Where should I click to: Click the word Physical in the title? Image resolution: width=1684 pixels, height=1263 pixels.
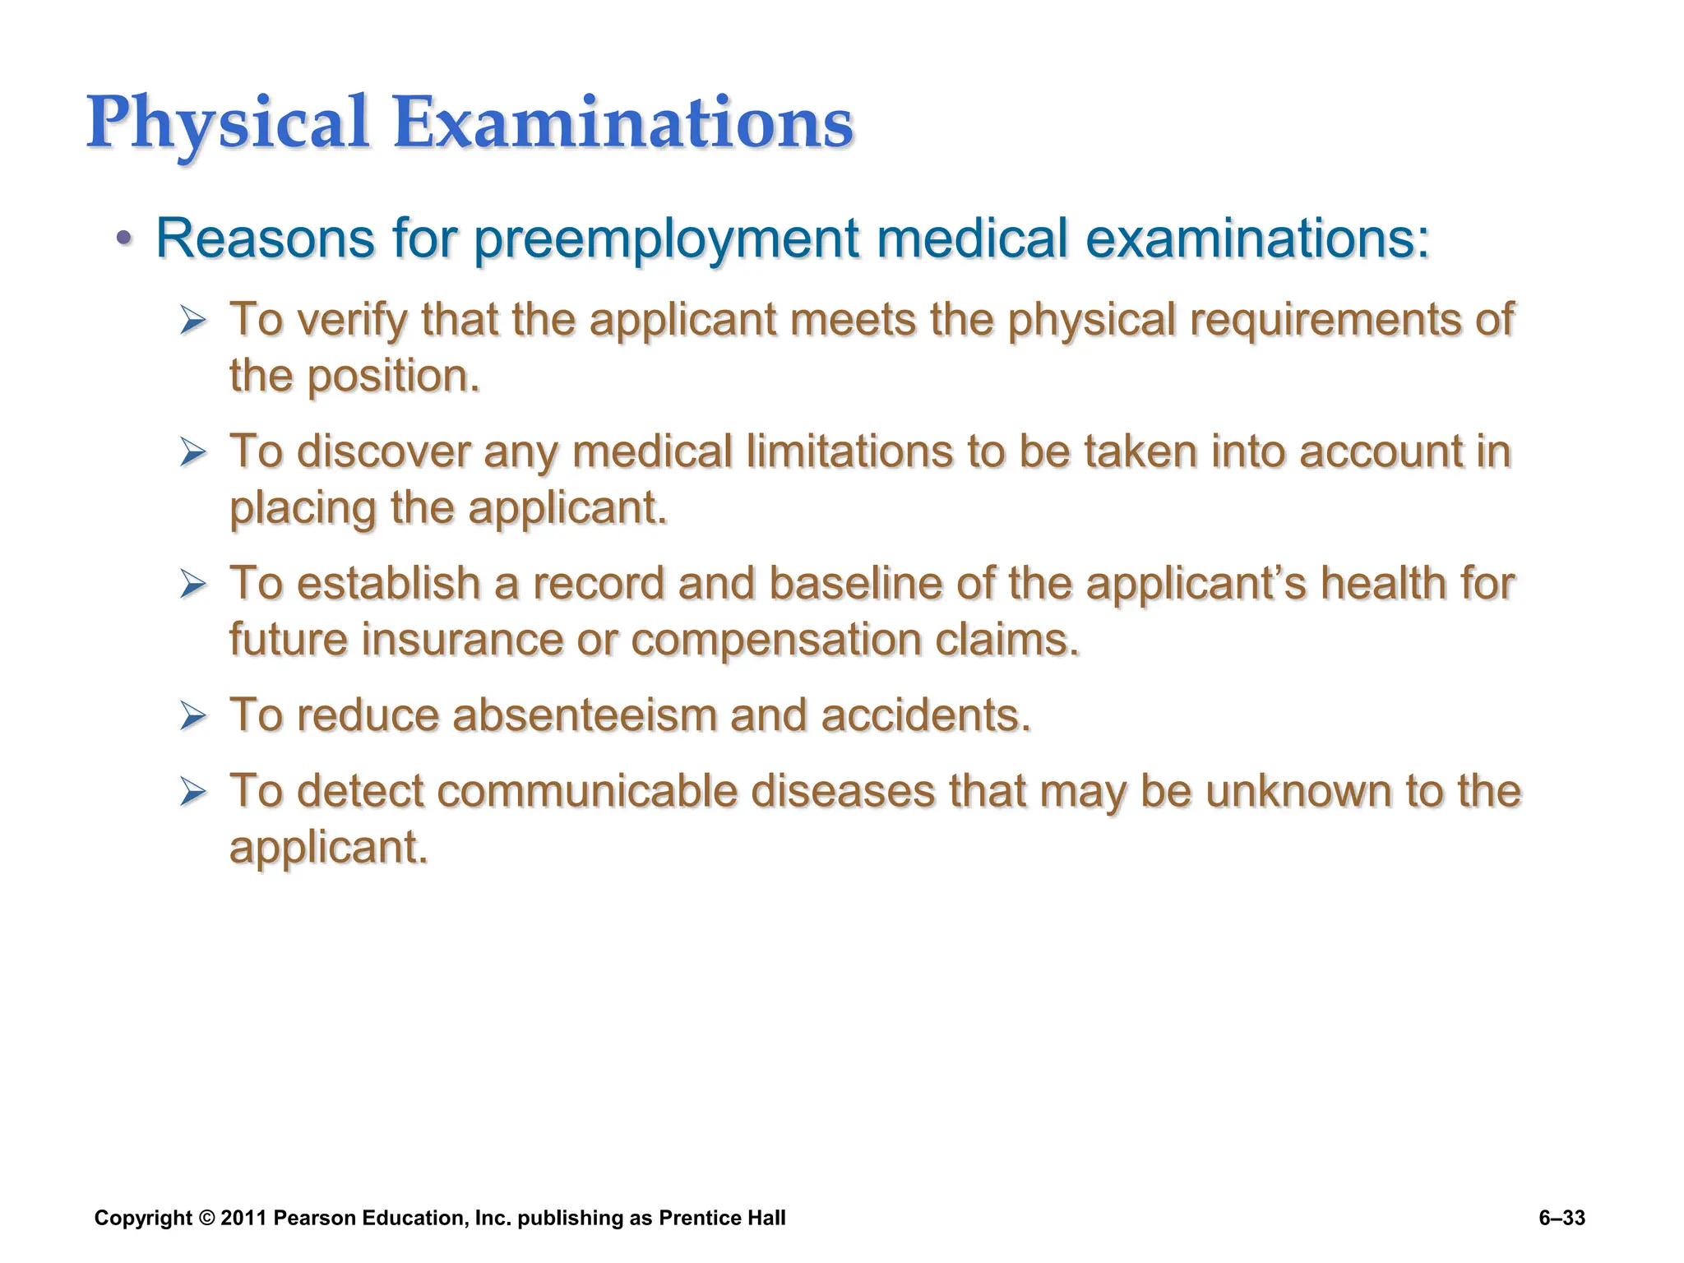click(x=227, y=123)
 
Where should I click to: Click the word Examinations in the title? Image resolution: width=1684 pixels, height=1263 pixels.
click(x=623, y=123)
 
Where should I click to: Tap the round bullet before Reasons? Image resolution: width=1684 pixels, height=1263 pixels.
click(x=123, y=238)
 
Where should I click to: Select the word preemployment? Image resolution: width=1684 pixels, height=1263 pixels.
click(x=666, y=238)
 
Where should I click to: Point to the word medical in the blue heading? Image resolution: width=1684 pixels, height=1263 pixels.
click(x=972, y=238)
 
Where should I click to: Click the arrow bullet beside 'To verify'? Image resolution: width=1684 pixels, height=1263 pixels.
click(x=193, y=320)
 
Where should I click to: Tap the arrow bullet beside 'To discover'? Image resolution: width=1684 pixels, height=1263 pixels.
click(x=193, y=452)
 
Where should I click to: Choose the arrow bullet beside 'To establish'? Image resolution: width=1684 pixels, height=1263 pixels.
click(x=193, y=585)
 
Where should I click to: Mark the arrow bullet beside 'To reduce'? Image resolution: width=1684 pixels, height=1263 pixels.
click(x=193, y=716)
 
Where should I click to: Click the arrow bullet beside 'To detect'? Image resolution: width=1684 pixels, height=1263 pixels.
click(x=193, y=792)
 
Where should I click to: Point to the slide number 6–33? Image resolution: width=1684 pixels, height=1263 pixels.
click(x=1561, y=1218)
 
